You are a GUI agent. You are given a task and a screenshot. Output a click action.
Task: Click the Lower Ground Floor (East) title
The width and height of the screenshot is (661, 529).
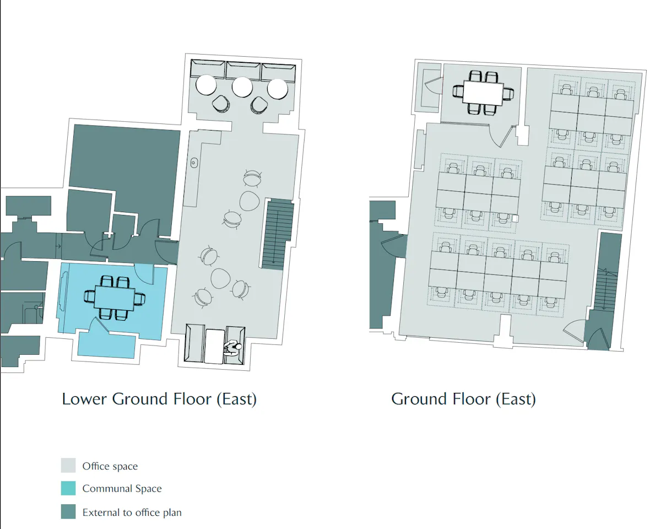[x=159, y=400]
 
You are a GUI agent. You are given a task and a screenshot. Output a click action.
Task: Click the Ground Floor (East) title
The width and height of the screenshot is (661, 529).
[x=463, y=400]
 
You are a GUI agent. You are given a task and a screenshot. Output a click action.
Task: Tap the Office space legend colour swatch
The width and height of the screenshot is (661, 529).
[x=68, y=466]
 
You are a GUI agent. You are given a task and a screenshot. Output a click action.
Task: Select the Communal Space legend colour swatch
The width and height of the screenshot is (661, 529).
[x=68, y=488]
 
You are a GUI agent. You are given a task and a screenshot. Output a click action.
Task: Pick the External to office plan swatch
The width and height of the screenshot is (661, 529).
[x=68, y=511]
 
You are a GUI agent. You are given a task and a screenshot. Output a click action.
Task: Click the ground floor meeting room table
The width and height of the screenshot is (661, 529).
[x=483, y=93]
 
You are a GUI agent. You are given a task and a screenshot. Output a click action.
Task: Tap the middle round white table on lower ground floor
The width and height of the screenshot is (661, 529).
[x=242, y=87]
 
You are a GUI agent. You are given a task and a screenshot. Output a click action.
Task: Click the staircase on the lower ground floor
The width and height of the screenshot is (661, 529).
[x=278, y=234]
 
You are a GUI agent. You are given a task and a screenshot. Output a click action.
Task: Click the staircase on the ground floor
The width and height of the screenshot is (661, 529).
[x=606, y=289]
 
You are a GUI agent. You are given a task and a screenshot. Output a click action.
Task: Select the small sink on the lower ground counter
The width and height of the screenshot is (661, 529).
[x=194, y=163]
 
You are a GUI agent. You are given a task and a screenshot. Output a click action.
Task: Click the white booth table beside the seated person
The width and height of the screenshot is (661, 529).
[x=214, y=347]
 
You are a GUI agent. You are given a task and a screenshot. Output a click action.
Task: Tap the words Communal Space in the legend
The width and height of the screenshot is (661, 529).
[x=122, y=488]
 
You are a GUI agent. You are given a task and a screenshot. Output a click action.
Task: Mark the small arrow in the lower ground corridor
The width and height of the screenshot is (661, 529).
[x=58, y=246]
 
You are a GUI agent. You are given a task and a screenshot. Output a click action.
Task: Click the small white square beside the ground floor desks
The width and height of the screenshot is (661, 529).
[x=515, y=218]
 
